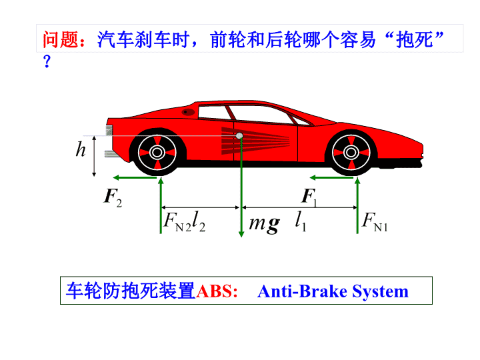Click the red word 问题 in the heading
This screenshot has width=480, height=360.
tap(61, 39)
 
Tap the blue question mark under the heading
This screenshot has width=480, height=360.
tap(47, 61)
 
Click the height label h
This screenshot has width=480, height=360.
tap(81, 149)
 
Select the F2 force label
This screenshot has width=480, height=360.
tap(113, 197)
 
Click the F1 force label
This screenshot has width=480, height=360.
tap(309, 196)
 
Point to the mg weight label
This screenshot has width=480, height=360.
tap(264, 225)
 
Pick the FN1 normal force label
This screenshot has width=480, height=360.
tap(375, 222)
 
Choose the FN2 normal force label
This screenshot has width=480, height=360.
tap(177, 222)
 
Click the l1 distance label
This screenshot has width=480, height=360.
tap(301, 221)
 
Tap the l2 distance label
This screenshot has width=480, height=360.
tap(199, 221)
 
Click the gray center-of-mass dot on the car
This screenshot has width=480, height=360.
tap(239, 135)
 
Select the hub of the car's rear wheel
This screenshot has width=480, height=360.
tap(157, 152)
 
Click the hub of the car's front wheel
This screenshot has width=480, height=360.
tap(351, 152)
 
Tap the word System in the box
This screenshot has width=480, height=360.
tap(380, 292)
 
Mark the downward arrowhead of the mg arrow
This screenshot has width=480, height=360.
tap(241, 233)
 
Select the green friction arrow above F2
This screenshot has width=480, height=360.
tap(135, 177)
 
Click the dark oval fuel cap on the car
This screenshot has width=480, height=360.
tap(188, 112)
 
